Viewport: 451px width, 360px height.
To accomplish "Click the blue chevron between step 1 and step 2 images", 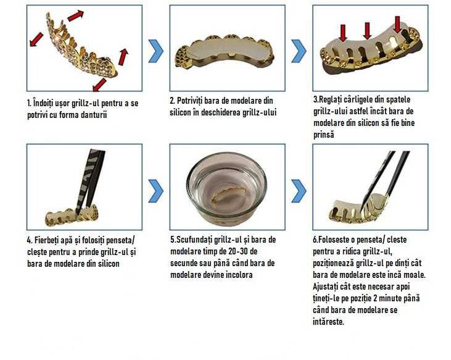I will [x=156, y=50].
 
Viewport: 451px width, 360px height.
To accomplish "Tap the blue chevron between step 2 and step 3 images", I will [x=299, y=50].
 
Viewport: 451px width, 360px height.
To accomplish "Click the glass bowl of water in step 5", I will [x=226, y=188].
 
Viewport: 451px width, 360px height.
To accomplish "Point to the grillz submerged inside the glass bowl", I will [x=226, y=199].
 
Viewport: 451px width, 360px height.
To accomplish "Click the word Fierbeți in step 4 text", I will [x=50, y=240].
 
